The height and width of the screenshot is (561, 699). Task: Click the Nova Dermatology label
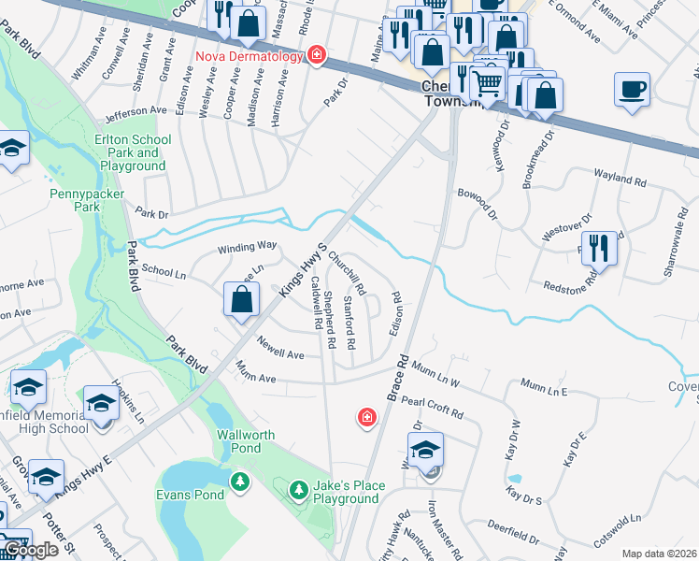[x=250, y=56]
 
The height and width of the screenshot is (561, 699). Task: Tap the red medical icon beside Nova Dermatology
[x=317, y=56]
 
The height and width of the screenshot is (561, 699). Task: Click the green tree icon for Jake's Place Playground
[x=298, y=489]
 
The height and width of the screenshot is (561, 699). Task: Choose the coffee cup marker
[x=632, y=90]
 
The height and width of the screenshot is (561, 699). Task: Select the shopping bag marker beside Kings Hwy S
[x=241, y=300]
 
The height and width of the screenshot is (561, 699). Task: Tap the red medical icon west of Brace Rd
[x=367, y=416]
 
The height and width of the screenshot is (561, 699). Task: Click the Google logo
[x=30, y=550]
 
